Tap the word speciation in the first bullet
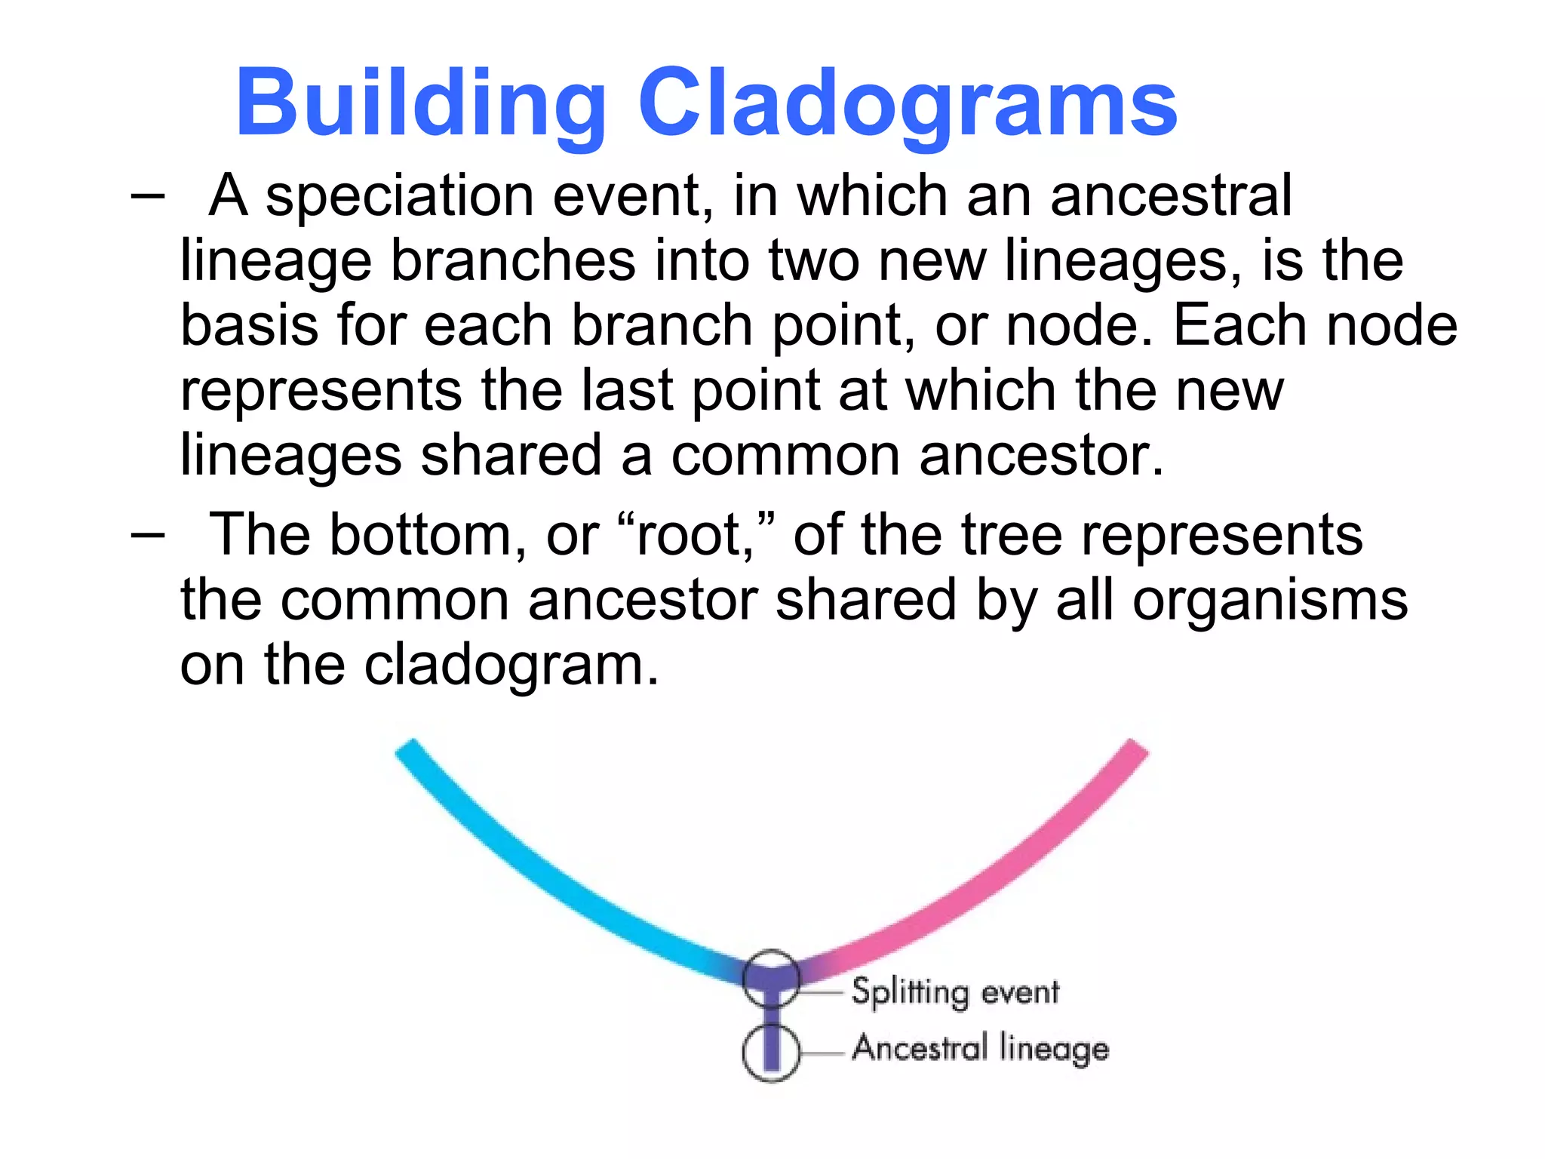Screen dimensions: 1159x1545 [400, 196]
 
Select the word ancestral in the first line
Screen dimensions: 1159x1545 [1171, 196]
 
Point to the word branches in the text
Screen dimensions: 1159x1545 [513, 261]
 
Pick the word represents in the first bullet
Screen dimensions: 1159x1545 [321, 392]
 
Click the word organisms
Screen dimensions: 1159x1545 [1270, 601]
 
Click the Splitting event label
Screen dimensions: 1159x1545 [955, 991]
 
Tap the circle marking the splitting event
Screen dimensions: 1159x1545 [770, 979]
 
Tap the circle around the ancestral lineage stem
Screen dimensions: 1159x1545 [770, 1053]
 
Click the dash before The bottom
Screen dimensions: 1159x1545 [147, 536]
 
